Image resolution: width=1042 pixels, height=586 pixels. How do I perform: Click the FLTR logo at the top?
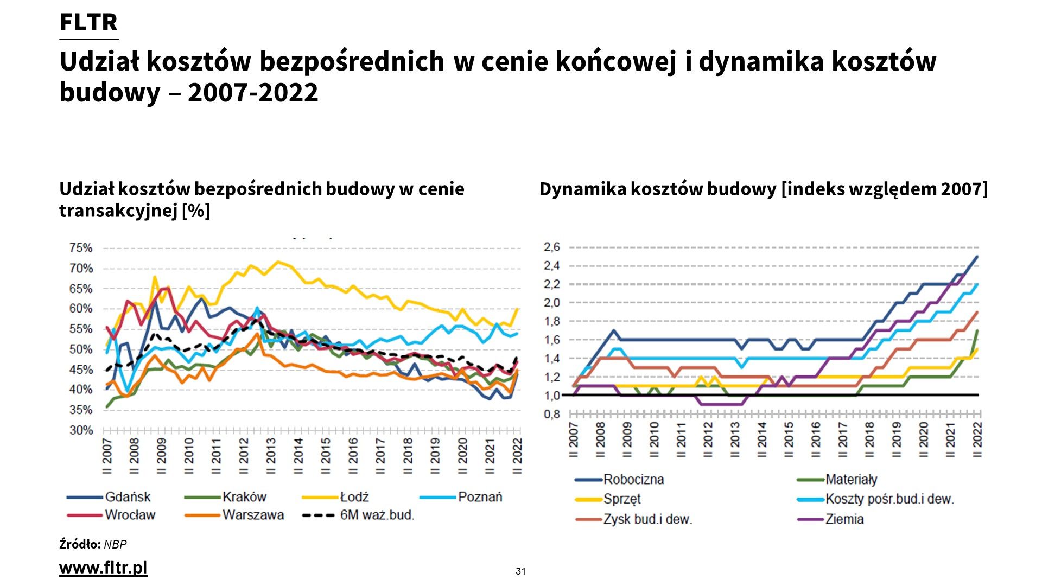point(88,23)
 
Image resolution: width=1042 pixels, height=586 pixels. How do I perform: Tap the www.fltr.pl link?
point(103,568)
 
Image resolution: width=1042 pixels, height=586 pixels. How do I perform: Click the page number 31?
point(520,571)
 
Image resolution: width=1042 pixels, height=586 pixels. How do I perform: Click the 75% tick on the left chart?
point(81,248)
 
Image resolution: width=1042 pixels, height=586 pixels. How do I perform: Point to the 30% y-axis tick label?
point(81,430)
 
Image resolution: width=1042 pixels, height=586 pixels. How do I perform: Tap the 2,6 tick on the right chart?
point(552,247)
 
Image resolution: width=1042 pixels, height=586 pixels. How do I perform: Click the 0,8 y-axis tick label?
point(552,415)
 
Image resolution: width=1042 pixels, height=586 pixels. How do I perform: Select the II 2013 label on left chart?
point(270,456)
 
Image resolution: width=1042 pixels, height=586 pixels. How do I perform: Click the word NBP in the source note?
point(115,544)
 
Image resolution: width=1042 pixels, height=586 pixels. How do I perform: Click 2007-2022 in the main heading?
point(253,93)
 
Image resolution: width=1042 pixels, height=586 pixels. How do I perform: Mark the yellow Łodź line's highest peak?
point(278,262)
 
